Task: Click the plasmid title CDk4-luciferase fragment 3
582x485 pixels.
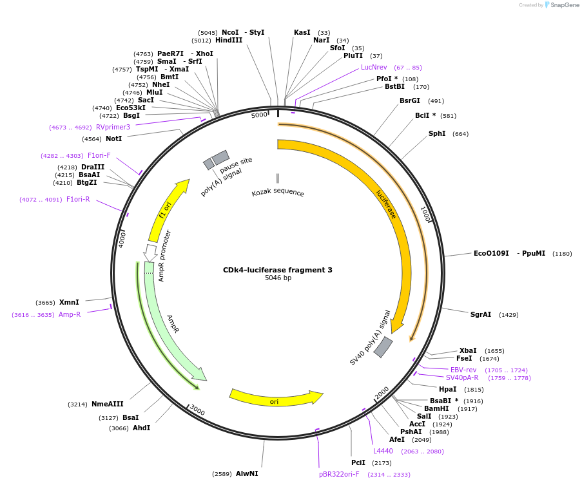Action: (x=277, y=270)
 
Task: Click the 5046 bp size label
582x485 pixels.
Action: (x=278, y=278)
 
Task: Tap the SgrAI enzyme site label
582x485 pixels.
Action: (x=480, y=314)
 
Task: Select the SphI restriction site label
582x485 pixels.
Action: (x=436, y=134)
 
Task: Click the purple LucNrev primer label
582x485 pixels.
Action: (x=374, y=67)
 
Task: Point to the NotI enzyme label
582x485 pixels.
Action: (x=113, y=138)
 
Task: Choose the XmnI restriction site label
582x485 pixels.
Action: (x=69, y=302)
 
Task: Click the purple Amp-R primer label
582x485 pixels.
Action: (x=70, y=314)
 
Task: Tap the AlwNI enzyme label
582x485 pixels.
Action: (x=247, y=473)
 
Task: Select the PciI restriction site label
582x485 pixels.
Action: (x=358, y=462)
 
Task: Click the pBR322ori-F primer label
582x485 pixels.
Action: (x=339, y=474)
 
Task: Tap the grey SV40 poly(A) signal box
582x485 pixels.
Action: (x=383, y=347)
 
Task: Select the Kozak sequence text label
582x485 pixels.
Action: (x=278, y=193)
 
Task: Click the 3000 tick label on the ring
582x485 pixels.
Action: (x=197, y=412)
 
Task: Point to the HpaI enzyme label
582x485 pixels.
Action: (x=447, y=389)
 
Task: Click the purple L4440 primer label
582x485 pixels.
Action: (x=383, y=451)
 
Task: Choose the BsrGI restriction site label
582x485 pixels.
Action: (x=409, y=100)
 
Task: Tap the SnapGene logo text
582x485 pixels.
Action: (x=561, y=5)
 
